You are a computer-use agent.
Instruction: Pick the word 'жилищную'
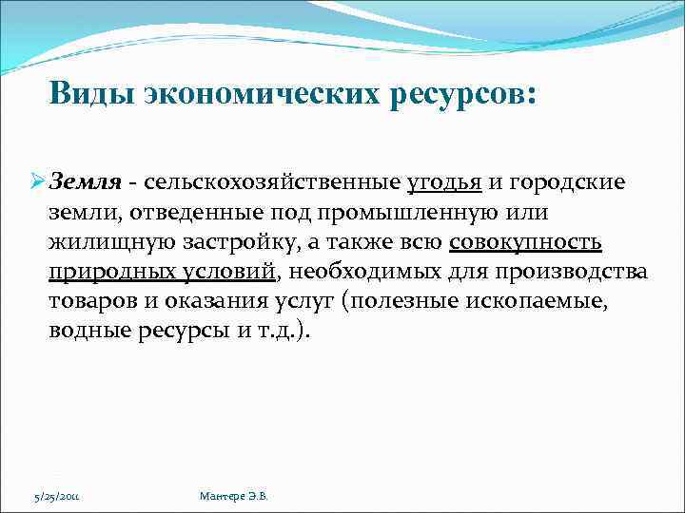[101, 243]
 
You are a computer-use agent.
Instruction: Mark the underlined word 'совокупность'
[525, 243]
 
